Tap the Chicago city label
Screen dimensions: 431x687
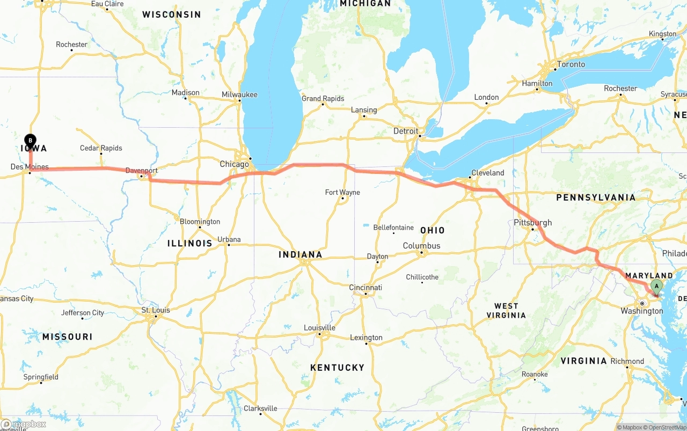click(x=235, y=164)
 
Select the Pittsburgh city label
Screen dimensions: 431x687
click(x=532, y=223)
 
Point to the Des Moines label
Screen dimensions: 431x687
click(x=30, y=167)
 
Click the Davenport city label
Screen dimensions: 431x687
click(x=141, y=171)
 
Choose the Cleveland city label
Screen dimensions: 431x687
click(x=487, y=173)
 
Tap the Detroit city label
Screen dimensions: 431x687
click(x=405, y=131)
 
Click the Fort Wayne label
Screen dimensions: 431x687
click(x=342, y=192)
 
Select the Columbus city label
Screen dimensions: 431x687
click(x=421, y=246)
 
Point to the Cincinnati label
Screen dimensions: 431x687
click(x=366, y=288)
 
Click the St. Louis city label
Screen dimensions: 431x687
click(x=155, y=310)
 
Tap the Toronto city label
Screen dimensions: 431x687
click(x=571, y=64)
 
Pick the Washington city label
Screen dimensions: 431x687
click(x=641, y=311)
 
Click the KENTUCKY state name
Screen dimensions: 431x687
click(x=337, y=368)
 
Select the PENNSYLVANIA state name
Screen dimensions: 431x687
click(x=596, y=198)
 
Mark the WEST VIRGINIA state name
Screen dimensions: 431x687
click(x=506, y=311)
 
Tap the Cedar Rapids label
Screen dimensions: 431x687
click(x=101, y=148)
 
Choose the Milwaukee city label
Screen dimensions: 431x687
click(x=239, y=95)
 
